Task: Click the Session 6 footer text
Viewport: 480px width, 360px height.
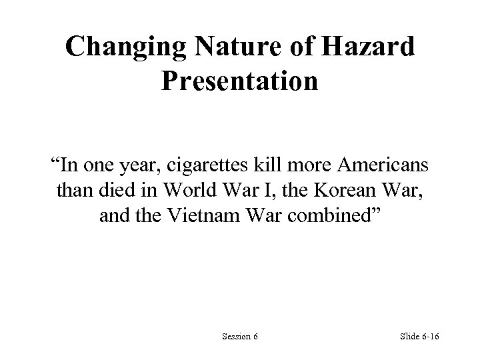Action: coord(240,336)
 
